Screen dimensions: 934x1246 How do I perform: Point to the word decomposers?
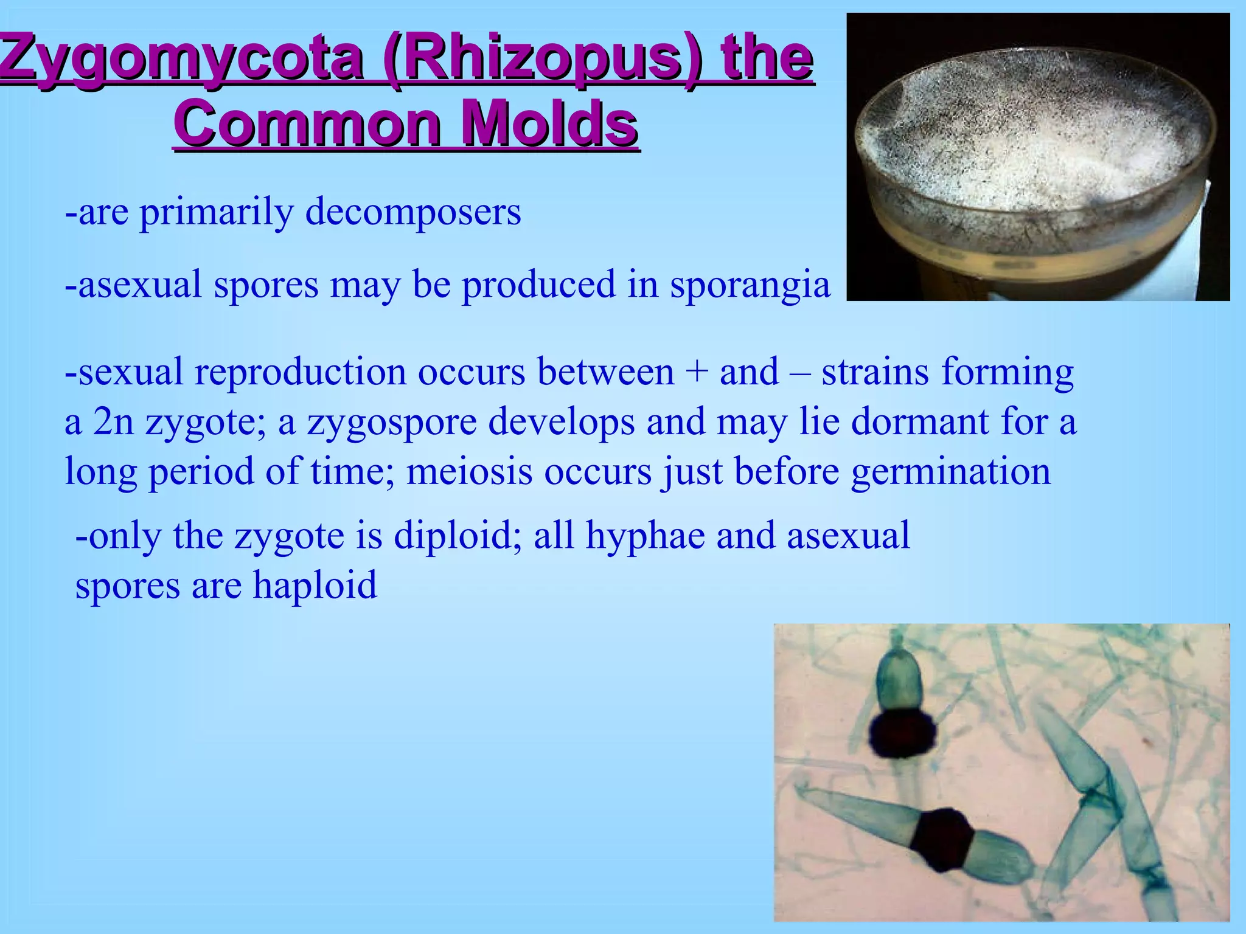pyautogui.click(x=413, y=213)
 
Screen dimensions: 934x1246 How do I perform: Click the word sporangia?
pyautogui.click(x=750, y=285)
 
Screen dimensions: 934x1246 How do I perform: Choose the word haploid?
pyautogui.click(x=315, y=585)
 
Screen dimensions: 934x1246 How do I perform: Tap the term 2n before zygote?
pyautogui.click(x=113, y=422)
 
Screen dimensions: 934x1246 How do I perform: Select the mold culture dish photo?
pyautogui.click(x=1038, y=157)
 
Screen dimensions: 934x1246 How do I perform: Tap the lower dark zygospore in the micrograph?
pyautogui.click(x=945, y=839)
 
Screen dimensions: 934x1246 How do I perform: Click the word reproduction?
pyautogui.click(x=300, y=372)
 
